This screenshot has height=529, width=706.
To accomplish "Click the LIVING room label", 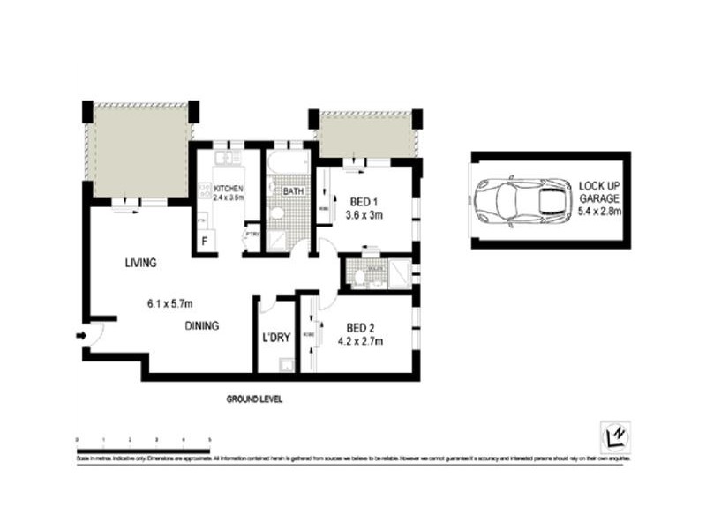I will pos(140,263).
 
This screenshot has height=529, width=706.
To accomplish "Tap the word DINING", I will pos(202,325).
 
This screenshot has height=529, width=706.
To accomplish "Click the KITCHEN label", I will pos(228,190).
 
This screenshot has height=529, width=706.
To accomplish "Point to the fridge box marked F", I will pos(205,240).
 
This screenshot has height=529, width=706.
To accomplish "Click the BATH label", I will pos(294,190).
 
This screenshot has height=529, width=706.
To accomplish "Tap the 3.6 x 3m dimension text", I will pos(364,213).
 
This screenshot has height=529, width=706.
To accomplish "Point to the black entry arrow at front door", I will pos(82,335).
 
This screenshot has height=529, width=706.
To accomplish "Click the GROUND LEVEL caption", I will pos(254,399).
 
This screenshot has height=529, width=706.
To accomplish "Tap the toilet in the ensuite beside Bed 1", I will pos(359,278).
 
